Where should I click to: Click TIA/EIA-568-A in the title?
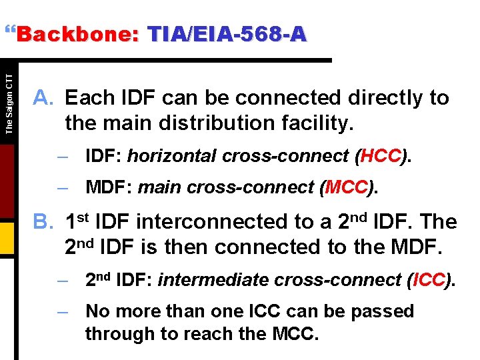[227, 35]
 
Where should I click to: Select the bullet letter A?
[44, 98]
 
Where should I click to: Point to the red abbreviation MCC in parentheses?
[345, 187]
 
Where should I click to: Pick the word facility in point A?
[315, 123]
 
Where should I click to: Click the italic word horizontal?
[172, 156]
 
